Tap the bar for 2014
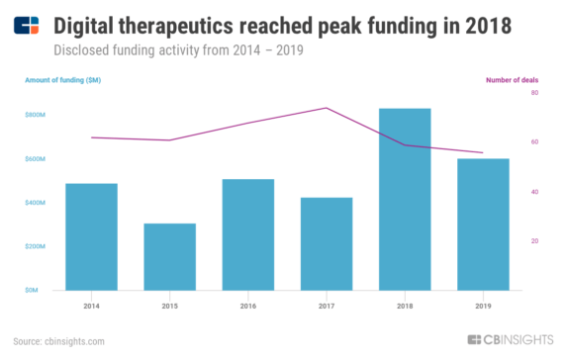pyautogui.click(x=93, y=236)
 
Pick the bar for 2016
pyautogui.click(x=249, y=234)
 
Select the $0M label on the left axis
pyautogui.click(x=32, y=290)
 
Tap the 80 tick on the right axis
pyautogui.click(x=534, y=93)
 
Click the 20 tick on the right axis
pyautogui.click(x=534, y=241)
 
